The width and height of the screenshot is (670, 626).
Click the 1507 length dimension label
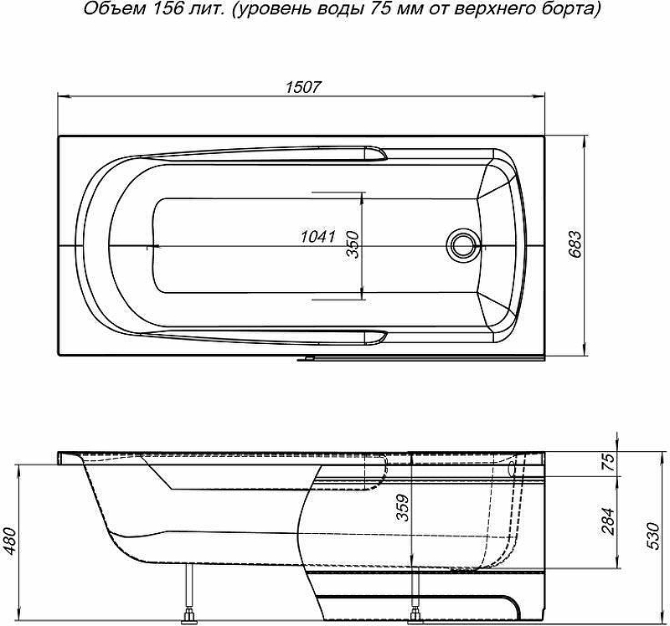(302, 87)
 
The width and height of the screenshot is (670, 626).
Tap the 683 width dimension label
(575, 244)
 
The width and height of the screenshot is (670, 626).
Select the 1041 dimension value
(318, 236)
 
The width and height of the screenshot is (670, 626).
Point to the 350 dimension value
(352, 244)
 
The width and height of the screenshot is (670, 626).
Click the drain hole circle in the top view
(461, 245)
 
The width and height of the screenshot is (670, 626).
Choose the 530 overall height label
(655, 536)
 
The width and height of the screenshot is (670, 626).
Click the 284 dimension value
(608, 521)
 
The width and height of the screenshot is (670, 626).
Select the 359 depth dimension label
(402, 508)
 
